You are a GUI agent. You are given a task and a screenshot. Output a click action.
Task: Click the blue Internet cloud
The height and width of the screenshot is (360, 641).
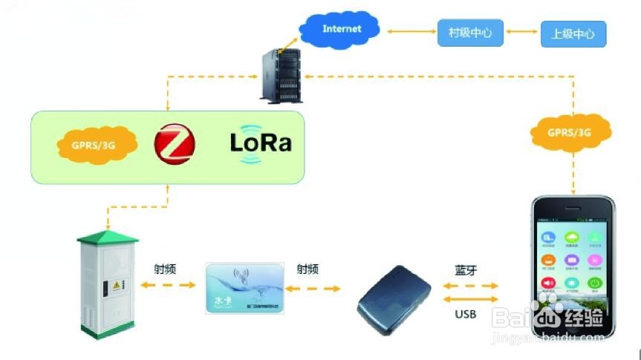click(x=341, y=30)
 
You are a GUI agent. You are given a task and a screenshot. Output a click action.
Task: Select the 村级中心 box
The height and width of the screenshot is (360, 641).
click(x=470, y=32)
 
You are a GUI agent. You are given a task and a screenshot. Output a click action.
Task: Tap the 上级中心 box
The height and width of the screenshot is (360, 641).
click(x=573, y=33)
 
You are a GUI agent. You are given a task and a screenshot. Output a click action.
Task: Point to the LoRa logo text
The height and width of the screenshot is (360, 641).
click(x=260, y=143)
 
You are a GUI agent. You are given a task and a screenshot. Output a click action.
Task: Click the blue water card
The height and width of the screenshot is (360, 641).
click(x=244, y=287)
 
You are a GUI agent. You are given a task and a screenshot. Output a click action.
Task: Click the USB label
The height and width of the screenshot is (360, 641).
click(x=465, y=314)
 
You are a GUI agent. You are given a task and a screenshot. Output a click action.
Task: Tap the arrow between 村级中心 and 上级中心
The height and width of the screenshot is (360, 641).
click(x=521, y=33)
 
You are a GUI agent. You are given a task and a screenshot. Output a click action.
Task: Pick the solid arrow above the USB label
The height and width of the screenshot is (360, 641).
click(x=466, y=299)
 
